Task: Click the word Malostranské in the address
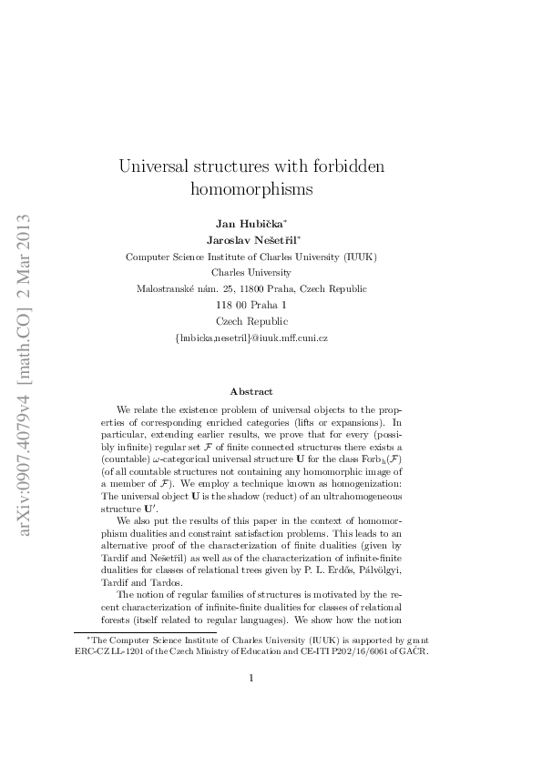[x=168, y=288]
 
